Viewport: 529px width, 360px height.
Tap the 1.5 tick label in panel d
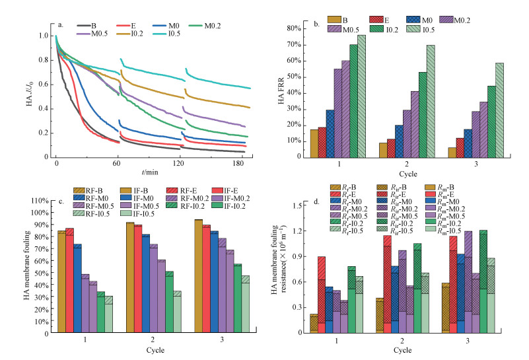pyautogui.click(x=299, y=206)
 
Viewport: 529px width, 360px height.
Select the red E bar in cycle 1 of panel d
pyautogui.click(x=321, y=295)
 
